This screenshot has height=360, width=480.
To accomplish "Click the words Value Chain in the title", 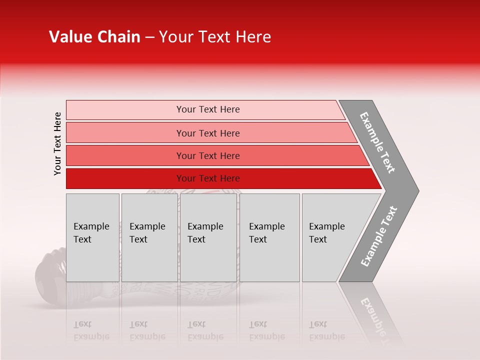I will tap(94, 37).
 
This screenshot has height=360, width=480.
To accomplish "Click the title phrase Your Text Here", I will tap(215, 37).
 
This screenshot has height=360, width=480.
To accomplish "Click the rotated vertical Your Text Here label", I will tap(57, 143).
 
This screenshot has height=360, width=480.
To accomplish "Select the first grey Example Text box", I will tap(92, 237).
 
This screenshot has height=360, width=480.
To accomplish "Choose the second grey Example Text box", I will tap(149, 237).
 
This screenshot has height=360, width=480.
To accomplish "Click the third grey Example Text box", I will tap(208, 237).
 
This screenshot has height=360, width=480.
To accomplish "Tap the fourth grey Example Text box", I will tap(269, 237).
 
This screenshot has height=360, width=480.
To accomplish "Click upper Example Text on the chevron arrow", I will tap(377, 142).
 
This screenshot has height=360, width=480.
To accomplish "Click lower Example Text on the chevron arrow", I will tap(378, 236).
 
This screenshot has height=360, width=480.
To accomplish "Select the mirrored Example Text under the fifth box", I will tap(326, 330).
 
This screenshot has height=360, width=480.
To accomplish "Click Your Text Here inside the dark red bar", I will tap(208, 178).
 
